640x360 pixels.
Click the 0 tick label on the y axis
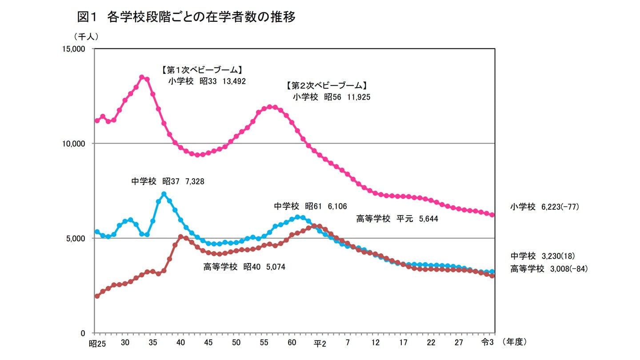(x=88, y=333)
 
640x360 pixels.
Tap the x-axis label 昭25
(x=97, y=343)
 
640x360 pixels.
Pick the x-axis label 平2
(x=320, y=343)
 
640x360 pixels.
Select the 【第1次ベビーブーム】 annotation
(x=202, y=70)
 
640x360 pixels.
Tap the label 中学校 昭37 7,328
(x=168, y=181)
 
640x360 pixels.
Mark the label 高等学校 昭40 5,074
(x=244, y=267)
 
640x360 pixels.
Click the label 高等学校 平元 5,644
(x=397, y=219)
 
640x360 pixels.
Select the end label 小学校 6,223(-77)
(x=544, y=207)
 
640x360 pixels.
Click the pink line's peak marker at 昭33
(x=142, y=77)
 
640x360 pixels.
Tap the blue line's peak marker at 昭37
(x=164, y=194)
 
